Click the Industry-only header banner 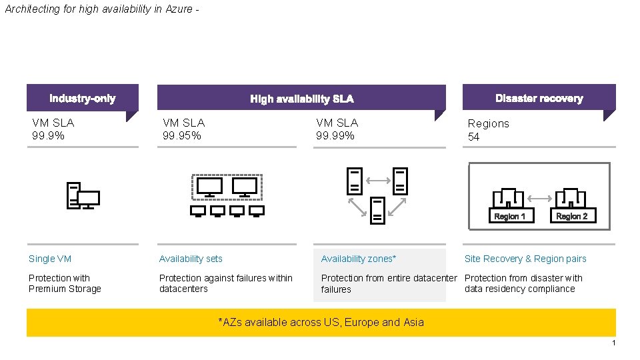point(82,98)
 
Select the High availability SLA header point(301,99)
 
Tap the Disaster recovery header point(539,98)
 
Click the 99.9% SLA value point(48,135)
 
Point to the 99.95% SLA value point(182,135)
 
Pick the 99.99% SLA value point(335,135)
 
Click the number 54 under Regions point(474,137)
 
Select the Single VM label point(50,259)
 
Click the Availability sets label point(191,259)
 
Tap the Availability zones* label point(359,259)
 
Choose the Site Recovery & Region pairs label point(525,259)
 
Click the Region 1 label point(509,216)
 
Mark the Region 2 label point(571,216)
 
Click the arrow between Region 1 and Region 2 point(541,198)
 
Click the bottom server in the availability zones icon point(377,209)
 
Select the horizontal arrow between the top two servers point(377,179)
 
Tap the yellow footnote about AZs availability point(321,322)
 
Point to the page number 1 point(613,343)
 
